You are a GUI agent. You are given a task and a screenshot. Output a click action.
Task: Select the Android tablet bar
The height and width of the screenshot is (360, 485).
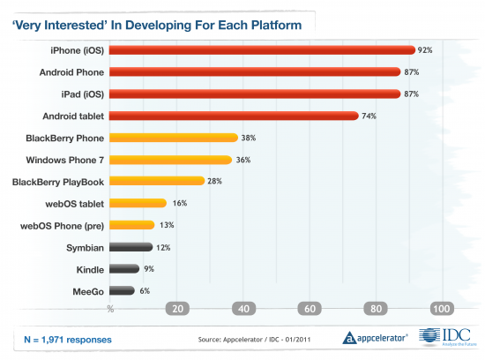point(234,116)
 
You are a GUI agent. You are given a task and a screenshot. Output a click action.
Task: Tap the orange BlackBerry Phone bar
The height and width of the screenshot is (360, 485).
point(174,138)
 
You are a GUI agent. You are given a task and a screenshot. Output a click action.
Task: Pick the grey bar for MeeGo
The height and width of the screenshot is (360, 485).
point(123,290)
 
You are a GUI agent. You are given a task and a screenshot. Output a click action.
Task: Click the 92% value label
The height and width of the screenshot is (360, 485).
point(426,50)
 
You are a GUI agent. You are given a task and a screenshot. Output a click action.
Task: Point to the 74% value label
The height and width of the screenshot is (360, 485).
point(368,116)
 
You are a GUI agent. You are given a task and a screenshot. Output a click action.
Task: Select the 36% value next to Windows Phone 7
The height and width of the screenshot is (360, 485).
point(242,160)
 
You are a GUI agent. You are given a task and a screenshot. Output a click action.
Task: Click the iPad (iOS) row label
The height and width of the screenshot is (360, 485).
point(78,94)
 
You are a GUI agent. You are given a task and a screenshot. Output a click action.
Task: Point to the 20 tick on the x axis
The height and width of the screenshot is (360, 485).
point(177,309)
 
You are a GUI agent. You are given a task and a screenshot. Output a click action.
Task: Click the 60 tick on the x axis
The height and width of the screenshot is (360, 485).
point(310,309)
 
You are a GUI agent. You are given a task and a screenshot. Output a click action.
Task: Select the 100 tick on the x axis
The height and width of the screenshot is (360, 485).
point(441,309)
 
